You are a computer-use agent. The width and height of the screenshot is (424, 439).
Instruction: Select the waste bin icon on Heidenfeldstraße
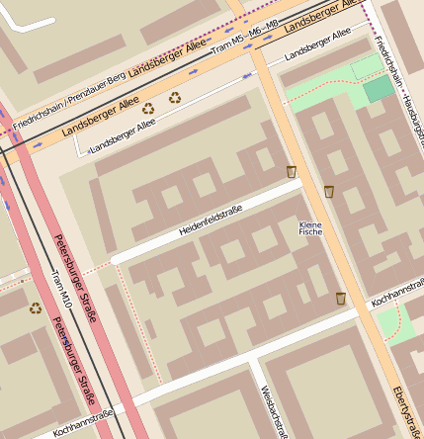click(x=292, y=172)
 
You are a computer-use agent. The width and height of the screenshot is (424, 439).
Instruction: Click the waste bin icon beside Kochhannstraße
click(x=341, y=298)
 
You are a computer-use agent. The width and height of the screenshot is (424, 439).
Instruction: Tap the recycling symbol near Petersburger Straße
click(x=36, y=307)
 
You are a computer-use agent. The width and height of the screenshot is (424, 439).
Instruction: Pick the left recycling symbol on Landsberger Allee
click(x=148, y=109)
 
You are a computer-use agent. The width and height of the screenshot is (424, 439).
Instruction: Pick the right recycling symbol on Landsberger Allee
click(x=175, y=97)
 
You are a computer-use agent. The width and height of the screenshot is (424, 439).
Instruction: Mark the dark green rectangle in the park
click(x=378, y=90)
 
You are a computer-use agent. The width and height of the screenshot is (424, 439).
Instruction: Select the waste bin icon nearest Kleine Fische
click(x=328, y=191)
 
